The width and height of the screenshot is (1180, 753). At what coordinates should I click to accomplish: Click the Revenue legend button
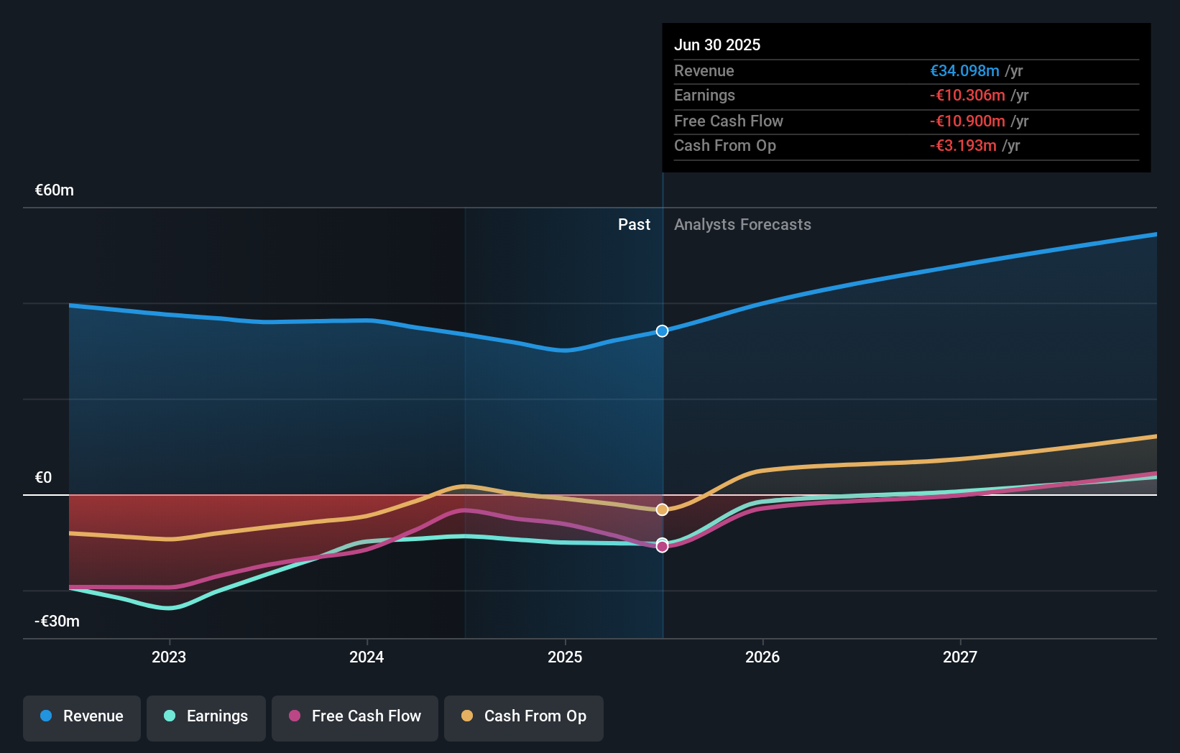click(82, 716)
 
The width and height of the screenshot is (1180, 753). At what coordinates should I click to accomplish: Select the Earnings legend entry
click(206, 716)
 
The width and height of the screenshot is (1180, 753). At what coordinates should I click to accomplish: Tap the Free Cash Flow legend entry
click(355, 716)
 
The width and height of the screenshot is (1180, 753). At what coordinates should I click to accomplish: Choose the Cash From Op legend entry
click(524, 716)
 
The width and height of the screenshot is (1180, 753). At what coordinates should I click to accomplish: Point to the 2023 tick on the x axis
click(169, 657)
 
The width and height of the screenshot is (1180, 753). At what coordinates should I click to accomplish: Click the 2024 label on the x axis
click(367, 657)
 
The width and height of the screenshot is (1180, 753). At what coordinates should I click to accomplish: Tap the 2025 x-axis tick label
click(565, 657)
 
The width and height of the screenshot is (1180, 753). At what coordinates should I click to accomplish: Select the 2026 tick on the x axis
click(762, 657)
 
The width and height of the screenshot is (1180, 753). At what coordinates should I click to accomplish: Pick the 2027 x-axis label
click(960, 657)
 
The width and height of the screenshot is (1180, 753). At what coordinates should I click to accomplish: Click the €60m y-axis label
click(55, 190)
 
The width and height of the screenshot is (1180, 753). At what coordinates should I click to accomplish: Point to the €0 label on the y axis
click(43, 478)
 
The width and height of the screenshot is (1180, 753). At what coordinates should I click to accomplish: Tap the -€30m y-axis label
click(57, 622)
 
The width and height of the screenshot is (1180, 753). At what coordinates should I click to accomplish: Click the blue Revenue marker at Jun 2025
click(662, 331)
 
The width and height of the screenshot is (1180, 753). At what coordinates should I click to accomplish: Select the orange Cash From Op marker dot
click(662, 509)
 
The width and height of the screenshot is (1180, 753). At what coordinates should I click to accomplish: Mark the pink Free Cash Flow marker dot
click(662, 548)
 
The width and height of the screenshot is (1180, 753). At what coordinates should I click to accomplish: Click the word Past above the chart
click(634, 225)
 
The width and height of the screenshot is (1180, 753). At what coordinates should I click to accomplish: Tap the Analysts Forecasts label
click(742, 225)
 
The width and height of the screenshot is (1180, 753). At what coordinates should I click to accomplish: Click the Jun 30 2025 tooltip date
click(717, 45)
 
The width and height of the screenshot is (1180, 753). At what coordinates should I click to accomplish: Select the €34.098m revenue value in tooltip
click(964, 71)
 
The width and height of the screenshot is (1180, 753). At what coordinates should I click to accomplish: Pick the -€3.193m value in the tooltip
click(963, 146)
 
